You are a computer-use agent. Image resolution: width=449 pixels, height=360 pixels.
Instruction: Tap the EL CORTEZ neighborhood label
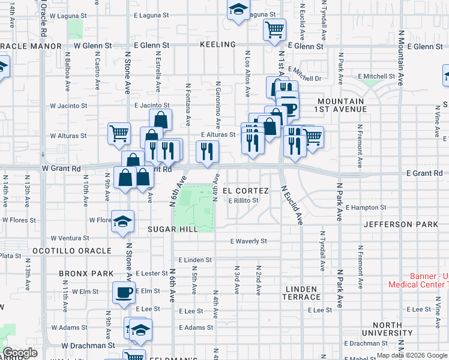click(245, 190)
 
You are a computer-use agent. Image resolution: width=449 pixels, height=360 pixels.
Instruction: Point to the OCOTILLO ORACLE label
click(71, 250)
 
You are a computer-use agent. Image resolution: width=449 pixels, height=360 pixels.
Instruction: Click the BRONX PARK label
click(86, 273)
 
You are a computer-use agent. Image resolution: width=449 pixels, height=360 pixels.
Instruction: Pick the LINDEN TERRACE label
click(302, 293)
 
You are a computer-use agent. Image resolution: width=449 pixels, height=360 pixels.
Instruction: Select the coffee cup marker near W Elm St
click(124, 293)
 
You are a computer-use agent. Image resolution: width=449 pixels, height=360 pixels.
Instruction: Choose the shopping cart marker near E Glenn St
click(274, 29)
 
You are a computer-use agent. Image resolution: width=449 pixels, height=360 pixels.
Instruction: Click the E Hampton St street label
click(366, 208)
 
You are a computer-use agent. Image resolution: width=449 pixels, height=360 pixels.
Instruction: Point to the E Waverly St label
click(248, 241)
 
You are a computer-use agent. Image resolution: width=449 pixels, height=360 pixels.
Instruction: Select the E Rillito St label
click(243, 200)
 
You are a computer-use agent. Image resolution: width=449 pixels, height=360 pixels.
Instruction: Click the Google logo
click(20, 353)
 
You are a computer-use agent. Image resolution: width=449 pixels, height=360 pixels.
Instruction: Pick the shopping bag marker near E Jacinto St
click(160, 118)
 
